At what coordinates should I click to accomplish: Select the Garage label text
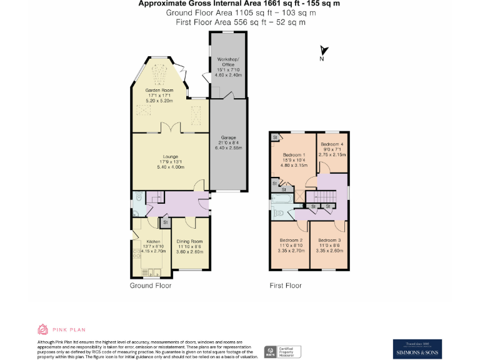point(227,137)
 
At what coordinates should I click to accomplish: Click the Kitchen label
point(154,241)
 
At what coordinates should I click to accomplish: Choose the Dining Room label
point(189,241)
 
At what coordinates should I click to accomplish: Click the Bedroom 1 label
point(294,155)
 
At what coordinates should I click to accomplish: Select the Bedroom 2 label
point(291,241)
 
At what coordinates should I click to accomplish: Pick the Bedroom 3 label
point(329,241)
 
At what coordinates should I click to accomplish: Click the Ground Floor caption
point(151,286)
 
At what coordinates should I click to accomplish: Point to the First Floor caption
point(286,286)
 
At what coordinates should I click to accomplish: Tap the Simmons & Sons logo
point(417,348)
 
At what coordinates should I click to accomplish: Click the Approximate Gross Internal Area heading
point(240,4)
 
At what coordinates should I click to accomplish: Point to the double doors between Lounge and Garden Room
point(170,128)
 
